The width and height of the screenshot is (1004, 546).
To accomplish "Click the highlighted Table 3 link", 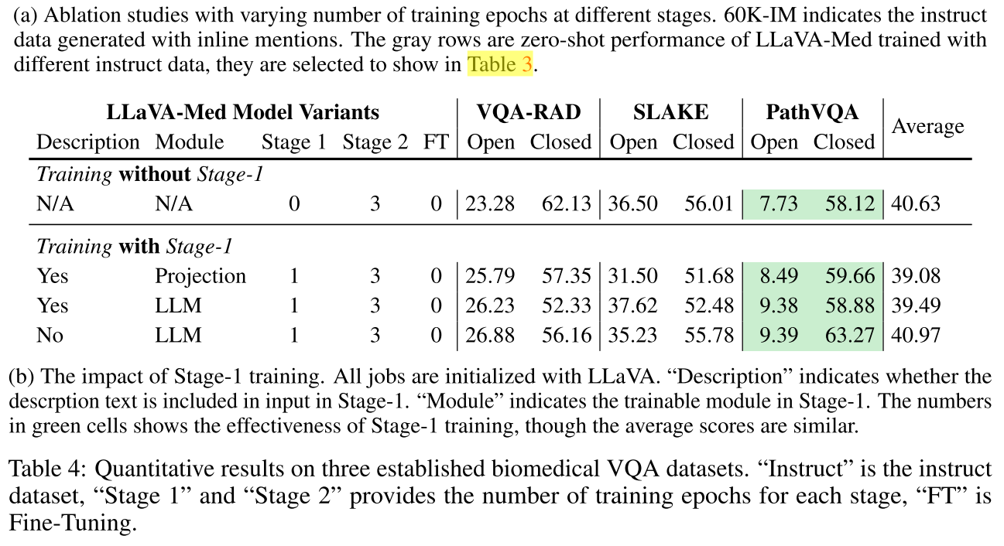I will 500,64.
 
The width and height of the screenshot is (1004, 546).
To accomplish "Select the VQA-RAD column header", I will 529,112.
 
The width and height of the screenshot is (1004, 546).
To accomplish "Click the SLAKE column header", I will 670,112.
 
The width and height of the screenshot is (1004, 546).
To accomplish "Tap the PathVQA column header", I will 811,112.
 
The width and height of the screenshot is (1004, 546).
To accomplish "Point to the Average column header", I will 927,127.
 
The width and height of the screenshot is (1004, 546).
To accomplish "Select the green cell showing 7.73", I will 780,203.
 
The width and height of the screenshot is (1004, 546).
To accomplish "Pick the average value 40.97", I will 916,335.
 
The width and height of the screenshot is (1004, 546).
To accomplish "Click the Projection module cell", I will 200,276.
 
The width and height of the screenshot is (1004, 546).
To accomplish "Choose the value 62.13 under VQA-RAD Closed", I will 562,203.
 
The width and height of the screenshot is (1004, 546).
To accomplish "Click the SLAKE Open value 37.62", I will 633,305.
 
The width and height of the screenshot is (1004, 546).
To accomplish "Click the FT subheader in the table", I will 436,142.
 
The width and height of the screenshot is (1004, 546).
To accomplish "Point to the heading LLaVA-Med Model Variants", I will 242,112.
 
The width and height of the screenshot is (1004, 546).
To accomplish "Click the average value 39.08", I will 916,276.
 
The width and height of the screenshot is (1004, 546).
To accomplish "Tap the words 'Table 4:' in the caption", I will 46,469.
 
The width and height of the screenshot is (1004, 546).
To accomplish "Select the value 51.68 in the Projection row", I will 708,276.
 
